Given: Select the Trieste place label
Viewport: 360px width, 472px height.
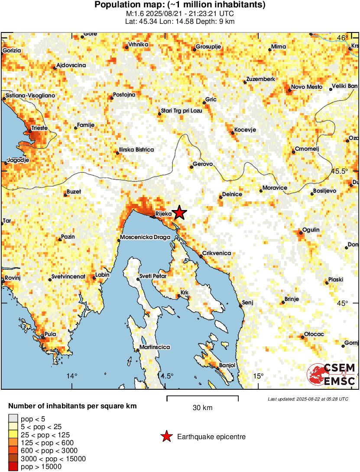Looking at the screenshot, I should [x=39, y=128].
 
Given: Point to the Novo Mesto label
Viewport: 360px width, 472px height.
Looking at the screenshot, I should [x=307, y=87].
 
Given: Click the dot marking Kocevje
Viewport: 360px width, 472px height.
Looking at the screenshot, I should [x=233, y=133].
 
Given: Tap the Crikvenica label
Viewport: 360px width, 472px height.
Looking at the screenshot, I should [x=217, y=253].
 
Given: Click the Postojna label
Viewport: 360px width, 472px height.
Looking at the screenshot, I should [x=124, y=94].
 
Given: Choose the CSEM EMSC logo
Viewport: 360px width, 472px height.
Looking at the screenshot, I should [x=331, y=374].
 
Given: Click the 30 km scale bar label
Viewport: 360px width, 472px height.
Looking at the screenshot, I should [x=202, y=407].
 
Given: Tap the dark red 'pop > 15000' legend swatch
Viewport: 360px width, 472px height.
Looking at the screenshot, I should [x=13, y=467].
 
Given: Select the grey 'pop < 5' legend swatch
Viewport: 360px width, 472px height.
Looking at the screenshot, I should [x=13, y=418].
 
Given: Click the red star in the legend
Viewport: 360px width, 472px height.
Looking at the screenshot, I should [x=166, y=436].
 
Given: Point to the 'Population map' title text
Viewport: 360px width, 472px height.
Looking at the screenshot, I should [x=180, y=5].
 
